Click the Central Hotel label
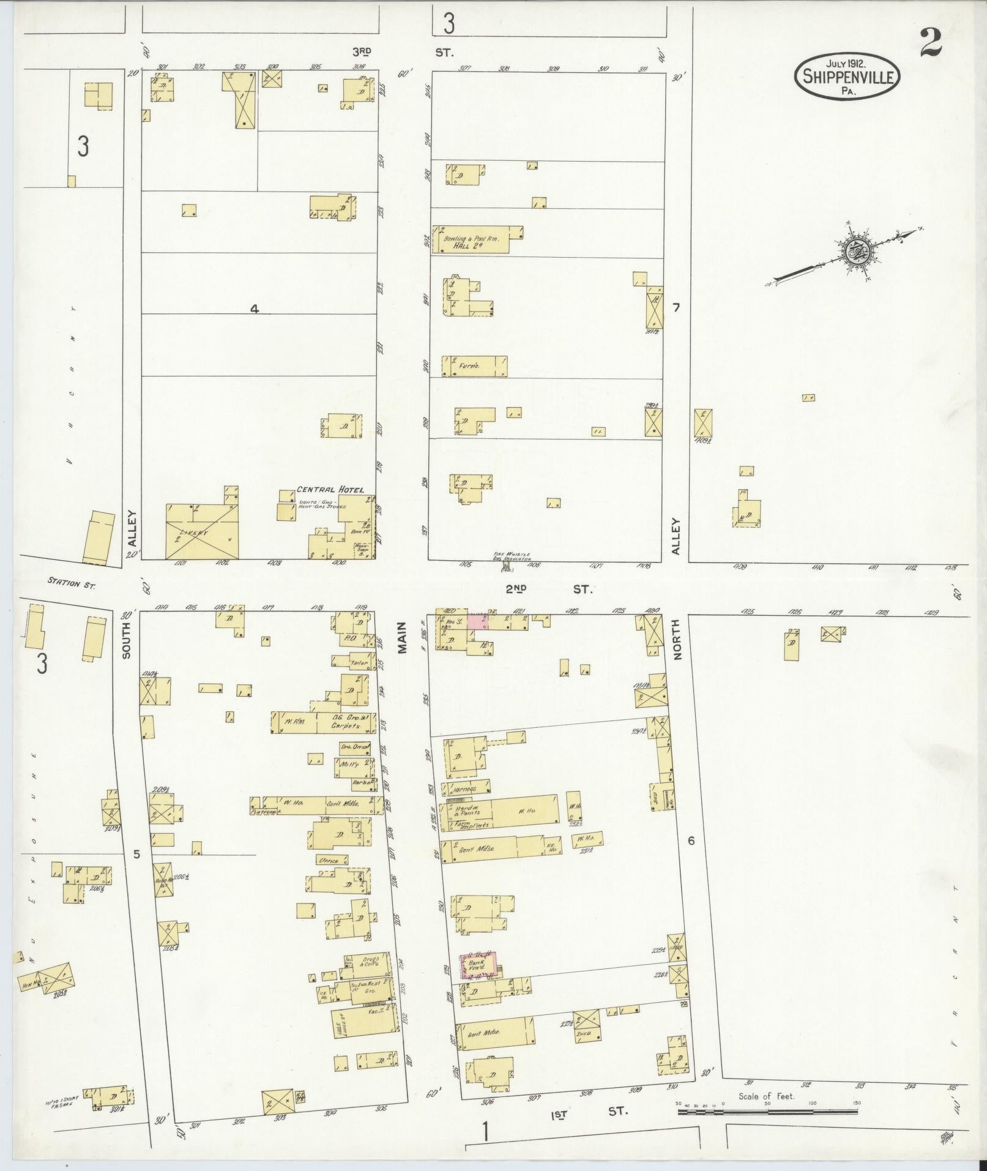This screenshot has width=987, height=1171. [330, 490]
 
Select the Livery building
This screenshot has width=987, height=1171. [202, 532]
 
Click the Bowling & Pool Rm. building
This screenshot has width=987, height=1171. [477, 241]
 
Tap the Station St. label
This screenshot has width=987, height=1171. [73, 583]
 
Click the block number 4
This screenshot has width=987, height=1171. [254, 310]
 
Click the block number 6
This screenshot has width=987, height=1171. [691, 841]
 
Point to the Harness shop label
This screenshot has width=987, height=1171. [465, 788]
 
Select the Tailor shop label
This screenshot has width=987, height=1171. [354, 662]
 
